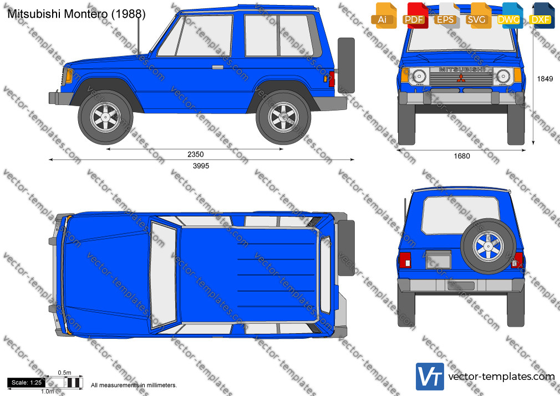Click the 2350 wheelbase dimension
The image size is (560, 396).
pos(195,154)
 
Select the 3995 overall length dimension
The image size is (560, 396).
pos(201,165)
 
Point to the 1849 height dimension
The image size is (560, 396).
pos(544,79)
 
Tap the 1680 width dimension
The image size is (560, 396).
pos(462,156)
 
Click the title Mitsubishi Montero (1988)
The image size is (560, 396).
pos(77,14)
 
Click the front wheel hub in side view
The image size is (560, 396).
pos(105,117)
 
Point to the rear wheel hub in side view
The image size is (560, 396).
pos(283,117)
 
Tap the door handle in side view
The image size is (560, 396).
pos(217,67)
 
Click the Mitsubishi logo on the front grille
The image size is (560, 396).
pos(461,78)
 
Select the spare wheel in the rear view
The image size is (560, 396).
pos(488,246)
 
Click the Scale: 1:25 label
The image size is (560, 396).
pos(27,383)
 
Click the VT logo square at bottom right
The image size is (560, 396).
pos(430,377)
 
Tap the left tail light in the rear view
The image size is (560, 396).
pos(405,260)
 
